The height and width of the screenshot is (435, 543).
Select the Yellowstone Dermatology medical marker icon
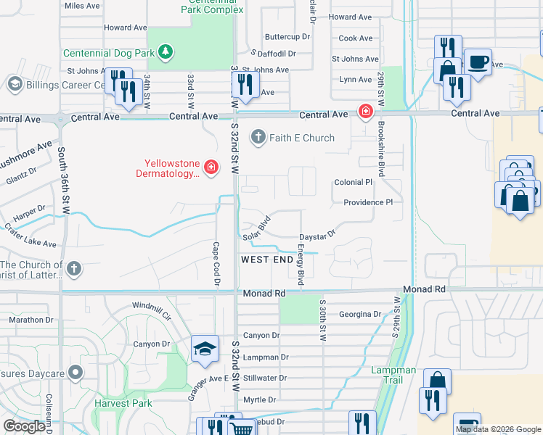coord(211,168)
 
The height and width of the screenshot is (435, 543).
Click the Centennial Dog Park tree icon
coord(166,52)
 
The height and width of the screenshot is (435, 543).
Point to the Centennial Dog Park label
coord(109,53)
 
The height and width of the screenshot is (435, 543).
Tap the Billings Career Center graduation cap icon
coord(15,84)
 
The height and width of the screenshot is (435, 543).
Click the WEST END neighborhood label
coord(266,260)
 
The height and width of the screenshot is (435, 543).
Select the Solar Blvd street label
coord(256,227)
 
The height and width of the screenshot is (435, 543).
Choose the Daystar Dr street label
coord(317,236)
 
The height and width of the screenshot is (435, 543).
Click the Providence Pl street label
coord(367,202)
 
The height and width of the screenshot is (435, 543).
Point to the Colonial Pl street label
coord(353,183)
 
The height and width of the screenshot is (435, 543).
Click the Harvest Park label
coord(121,402)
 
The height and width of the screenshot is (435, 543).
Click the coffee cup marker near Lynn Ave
coord(477,62)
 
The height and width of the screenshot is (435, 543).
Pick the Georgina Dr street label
coord(360,315)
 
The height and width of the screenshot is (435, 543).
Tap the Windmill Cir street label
coord(151,312)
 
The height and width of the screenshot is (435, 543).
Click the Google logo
coord(24,426)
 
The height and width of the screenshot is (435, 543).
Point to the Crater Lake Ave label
coord(30,241)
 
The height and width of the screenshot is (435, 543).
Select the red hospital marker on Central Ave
coord(364,112)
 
